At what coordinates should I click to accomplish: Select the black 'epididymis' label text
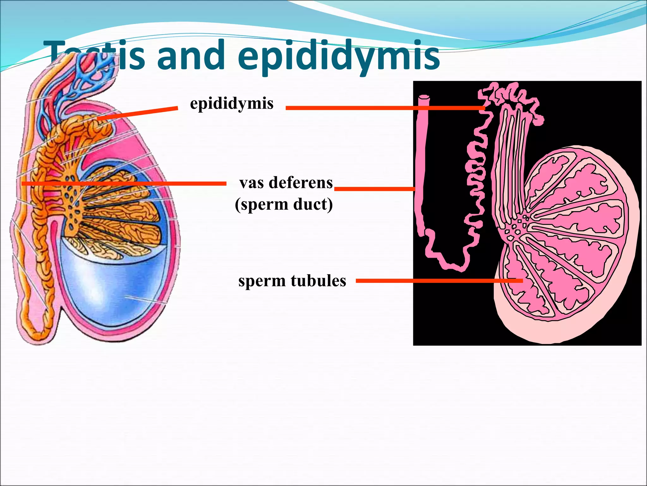[232, 103]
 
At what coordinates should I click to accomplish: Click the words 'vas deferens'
[286, 183]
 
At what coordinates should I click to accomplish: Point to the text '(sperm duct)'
[284, 204]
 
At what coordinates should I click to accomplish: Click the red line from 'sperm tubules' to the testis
[439, 281]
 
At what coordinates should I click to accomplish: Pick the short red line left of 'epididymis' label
[137, 114]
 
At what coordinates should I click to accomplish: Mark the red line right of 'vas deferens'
[375, 189]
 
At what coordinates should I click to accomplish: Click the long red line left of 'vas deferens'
[123, 184]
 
